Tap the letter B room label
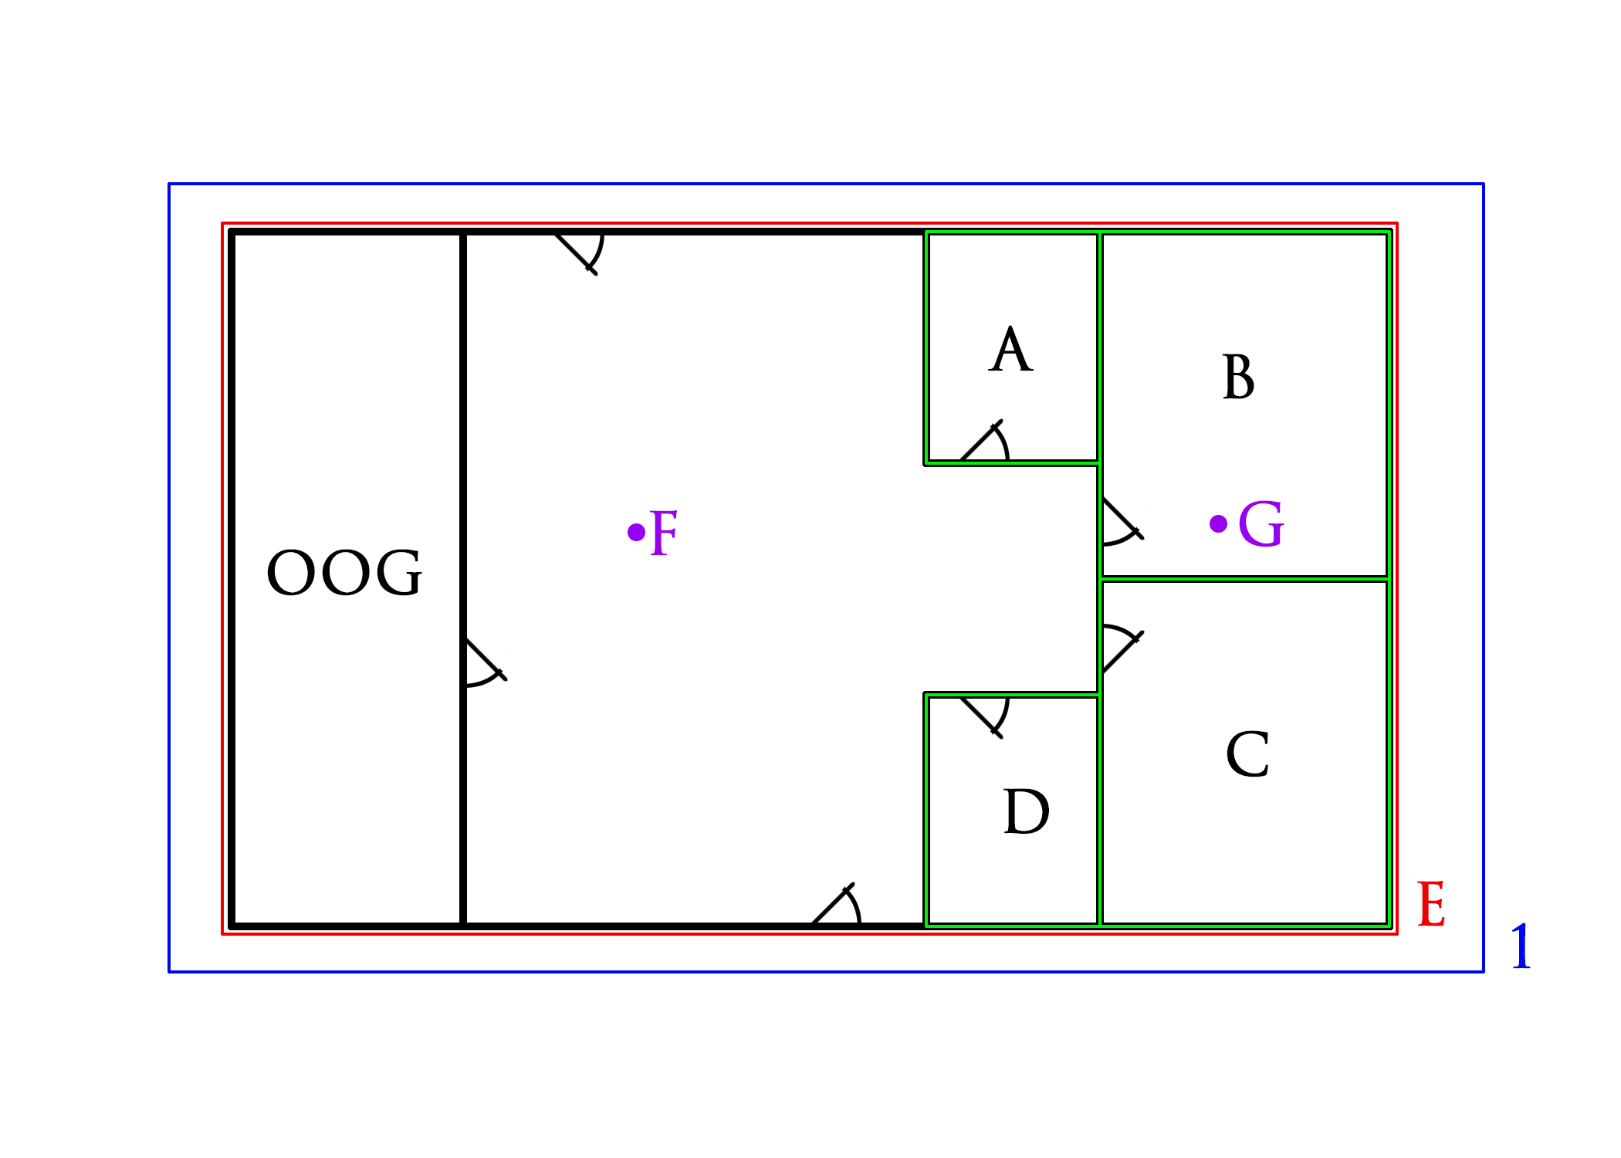1239,377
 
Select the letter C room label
1247,754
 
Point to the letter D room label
1026,812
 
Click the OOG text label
344,573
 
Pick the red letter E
1431,904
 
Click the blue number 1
1521,946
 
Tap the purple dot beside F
636,532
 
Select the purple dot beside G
1218,524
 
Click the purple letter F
664,533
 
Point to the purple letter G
1261,524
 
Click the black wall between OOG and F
463,579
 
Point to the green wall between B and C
1244,578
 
